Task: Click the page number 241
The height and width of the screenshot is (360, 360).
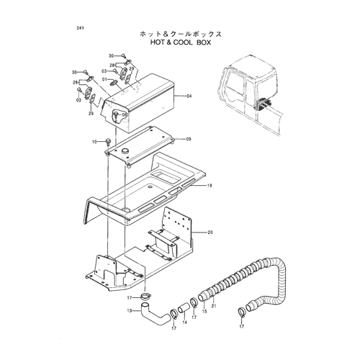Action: pos(80,28)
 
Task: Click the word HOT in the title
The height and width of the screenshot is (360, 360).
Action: pos(157,42)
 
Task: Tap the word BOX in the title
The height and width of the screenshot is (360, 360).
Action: pos(204,42)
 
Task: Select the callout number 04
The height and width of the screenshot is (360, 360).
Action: pos(189,96)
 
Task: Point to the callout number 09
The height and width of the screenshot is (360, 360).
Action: pos(189,139)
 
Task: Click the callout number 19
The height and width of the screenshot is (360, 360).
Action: pos(210,186)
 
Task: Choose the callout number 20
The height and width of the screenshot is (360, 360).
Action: pos(210,233)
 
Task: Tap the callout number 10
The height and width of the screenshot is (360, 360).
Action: pos(94,142)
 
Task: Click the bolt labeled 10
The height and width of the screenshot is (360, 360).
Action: pos(107,142)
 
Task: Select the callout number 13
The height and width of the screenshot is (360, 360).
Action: pos(130,311)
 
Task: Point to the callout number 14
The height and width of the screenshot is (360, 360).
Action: pos(184,323)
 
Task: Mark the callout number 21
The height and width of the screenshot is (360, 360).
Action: pos(214,306)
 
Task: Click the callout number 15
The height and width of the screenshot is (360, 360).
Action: pos(204,311)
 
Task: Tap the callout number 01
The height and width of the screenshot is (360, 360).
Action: pos(104,79)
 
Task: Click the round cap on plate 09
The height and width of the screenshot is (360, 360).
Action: pos(125,150)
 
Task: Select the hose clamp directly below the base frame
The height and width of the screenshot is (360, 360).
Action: pos(145,297)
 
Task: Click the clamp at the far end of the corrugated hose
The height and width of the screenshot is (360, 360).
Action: pos(242,312)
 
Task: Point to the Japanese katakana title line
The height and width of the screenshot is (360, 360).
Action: pos(181,34)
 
